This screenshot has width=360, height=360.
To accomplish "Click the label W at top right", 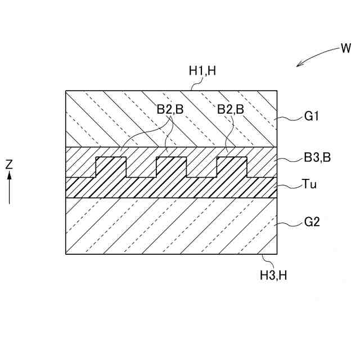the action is click(x=345, y=48).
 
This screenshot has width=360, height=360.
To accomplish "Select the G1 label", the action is click(x=312, y=118).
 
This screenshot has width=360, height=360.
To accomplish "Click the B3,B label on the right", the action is click(x=316, y=159).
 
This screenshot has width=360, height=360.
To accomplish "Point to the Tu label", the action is click(x=309, y=183).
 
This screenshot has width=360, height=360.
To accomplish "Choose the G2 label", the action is click(x=312, y=222).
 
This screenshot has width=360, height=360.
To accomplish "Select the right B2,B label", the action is click(x=231, y=111).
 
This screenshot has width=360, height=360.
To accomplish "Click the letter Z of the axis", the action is click(x=9, y=165).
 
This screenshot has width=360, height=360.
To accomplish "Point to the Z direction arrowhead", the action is click(x=9, y=175).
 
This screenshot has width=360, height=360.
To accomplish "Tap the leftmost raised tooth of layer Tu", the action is click(x=111, y=168).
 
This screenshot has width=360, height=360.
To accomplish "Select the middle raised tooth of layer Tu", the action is click(x=171, y=168).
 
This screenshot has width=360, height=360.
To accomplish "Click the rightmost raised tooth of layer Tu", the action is click(x=232, y=168).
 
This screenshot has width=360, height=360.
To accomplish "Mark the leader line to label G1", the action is click(x=290, y=119).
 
